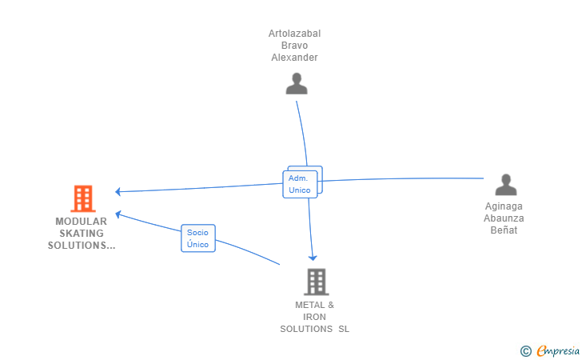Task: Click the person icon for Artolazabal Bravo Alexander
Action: [297, 84]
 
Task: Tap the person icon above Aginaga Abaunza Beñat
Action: [506, 185]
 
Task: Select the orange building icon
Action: [82, 198]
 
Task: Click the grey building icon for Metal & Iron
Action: [316, 282]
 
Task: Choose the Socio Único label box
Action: [197, 238]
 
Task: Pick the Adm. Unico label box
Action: [300, 184]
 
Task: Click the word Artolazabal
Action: [294, 34]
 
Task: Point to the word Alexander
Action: [294, 58]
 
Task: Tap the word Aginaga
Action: [504, 206]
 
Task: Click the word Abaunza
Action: [504, 218]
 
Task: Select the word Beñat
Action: [504, 230]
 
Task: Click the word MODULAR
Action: [81, 221]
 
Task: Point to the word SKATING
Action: [81, 233]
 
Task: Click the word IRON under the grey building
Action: [314, 317]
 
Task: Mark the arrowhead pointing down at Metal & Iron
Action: [313, 257]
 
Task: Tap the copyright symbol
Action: [525, 350]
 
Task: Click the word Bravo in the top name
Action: [294, 46]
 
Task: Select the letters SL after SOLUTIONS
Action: [344, 329]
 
